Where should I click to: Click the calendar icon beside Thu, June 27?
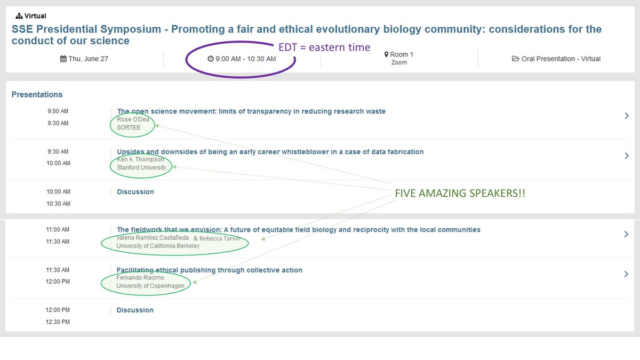[63, 59]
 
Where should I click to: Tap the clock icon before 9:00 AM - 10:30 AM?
[211, 59]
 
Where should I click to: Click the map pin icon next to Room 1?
[387, 54]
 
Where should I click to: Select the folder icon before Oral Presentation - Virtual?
[516, 59]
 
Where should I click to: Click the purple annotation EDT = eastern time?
[324, 47]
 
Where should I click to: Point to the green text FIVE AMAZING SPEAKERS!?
[460, 193]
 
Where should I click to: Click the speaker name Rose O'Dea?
[133, 119]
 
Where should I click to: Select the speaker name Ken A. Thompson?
[140, 159]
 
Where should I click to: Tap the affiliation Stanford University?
[141, 167]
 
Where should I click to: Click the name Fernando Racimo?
[140, 278]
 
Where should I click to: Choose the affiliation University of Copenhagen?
[150, 286]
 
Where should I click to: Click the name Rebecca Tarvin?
[220, 238]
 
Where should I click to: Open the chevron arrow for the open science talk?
[627, 115]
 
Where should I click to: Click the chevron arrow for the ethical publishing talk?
[627, 274]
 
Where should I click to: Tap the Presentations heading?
[37, 94]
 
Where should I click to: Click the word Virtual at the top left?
[35, 16]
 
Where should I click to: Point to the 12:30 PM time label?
[58, 322]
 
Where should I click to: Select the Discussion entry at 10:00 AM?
[135, 191]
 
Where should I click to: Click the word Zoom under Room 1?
[399, 62]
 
